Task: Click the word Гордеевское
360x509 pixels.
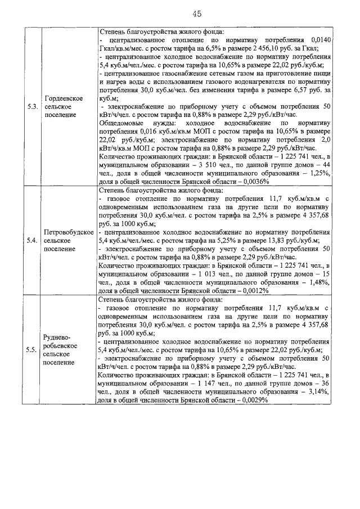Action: tap(65, 98)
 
